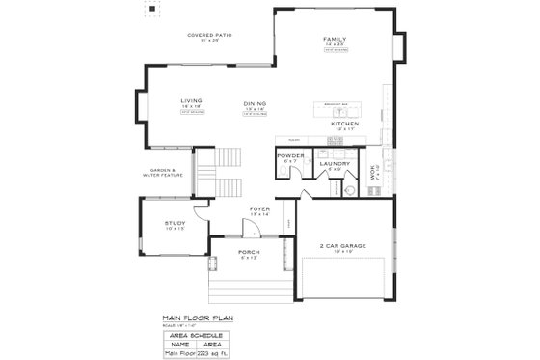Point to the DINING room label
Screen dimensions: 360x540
pyautogui.click(x=255, y=104)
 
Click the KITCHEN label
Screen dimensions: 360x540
pyautogui.click(x=344, y=124)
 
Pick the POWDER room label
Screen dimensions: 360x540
pyautogui.click(x=290, y=155)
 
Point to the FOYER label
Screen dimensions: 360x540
pyautogui.click(x=260, y=208)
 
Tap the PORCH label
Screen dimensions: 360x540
pyautogui.click(x=248, y=253)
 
